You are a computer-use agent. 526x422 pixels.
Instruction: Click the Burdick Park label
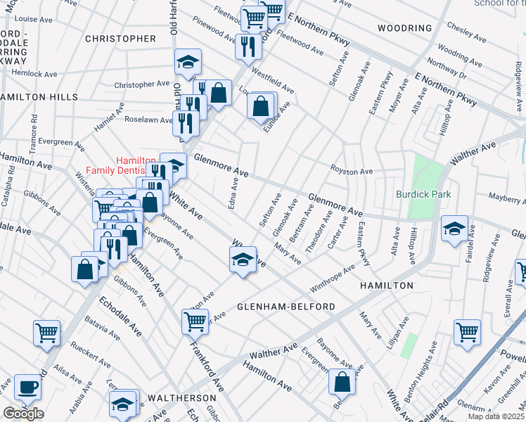423,193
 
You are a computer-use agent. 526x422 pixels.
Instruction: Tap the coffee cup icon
28,386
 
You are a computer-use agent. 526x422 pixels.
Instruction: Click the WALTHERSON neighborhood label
186,398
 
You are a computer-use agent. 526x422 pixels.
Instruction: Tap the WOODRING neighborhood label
404,28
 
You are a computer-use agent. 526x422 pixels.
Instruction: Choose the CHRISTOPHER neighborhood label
120,39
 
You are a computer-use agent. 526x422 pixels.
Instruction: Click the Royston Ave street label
352,171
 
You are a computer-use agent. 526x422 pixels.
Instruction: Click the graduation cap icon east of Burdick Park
454,227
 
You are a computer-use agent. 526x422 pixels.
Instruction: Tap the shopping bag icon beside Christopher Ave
219,92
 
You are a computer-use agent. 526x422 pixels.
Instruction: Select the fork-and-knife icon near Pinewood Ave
248,46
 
